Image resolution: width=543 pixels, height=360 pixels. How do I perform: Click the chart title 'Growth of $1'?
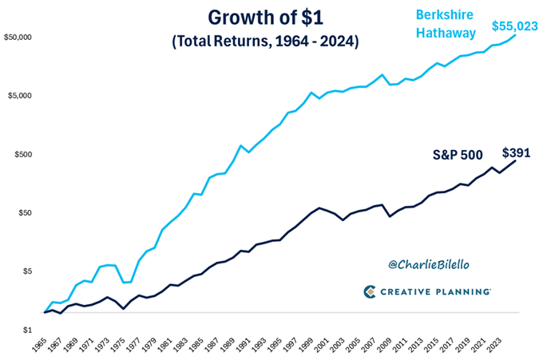(x=264, y=17)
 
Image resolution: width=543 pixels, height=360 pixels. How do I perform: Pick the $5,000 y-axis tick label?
(x=21, y=96)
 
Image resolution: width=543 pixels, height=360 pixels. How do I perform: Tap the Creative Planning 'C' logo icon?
(x=371, y=292)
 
